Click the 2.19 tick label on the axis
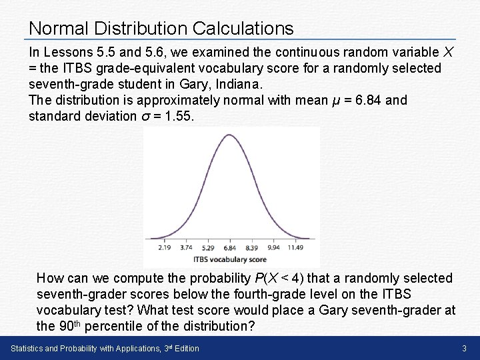165,247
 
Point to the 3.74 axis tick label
186,247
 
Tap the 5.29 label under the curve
208,247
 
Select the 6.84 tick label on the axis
230,247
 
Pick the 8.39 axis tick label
251,247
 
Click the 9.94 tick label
273,247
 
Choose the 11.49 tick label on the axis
296,247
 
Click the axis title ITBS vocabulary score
230,259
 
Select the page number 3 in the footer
464,348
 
